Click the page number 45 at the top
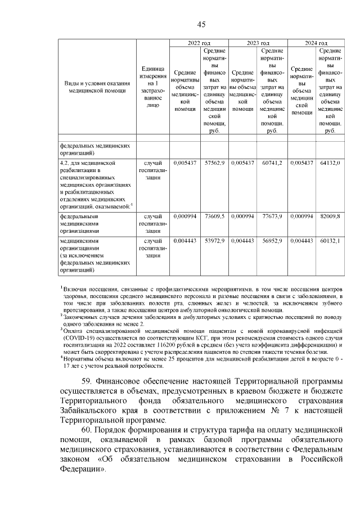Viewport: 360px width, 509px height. point(201,23)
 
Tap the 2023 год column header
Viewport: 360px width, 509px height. point(258,43)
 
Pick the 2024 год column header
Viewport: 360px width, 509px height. point(316,43)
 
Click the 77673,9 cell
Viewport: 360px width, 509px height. point(272,215)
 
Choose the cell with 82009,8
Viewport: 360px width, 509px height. point(330,215)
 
